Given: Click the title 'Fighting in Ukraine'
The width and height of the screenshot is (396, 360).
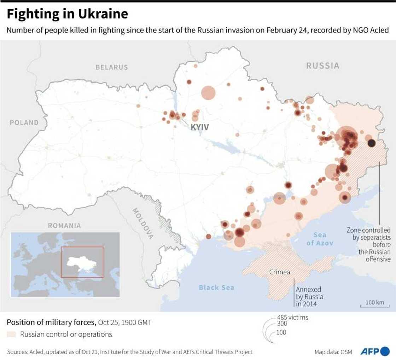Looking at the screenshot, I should click(67, 14).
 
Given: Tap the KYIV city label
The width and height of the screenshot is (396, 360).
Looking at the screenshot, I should click(200, 127).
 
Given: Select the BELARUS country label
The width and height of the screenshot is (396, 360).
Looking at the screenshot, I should click(112, 67).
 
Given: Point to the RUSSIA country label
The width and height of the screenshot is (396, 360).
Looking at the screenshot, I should click(322, 66).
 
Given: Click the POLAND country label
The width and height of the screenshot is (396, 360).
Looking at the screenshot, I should click(24, 123).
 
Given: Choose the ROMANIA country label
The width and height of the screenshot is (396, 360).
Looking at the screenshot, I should click(64, 225).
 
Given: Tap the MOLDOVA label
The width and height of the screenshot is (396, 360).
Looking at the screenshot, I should click(143, 223).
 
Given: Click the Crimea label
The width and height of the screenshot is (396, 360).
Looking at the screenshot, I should click(280, 272).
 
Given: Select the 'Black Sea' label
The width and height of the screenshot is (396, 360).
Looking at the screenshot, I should click(216, 288).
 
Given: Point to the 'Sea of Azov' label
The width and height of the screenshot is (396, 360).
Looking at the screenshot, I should click(320, 239).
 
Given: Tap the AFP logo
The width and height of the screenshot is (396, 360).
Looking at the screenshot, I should click(375, 352).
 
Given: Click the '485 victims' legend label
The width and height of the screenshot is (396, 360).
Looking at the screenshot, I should click(292, 318).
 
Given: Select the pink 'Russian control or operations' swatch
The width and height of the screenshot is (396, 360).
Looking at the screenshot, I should click(12, 334).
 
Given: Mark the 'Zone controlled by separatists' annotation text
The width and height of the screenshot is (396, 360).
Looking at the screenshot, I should click(368, 244).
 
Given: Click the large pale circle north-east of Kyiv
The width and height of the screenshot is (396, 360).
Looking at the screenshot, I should click(208, 93).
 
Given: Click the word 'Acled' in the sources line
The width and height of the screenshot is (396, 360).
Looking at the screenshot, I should click(40, 352).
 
